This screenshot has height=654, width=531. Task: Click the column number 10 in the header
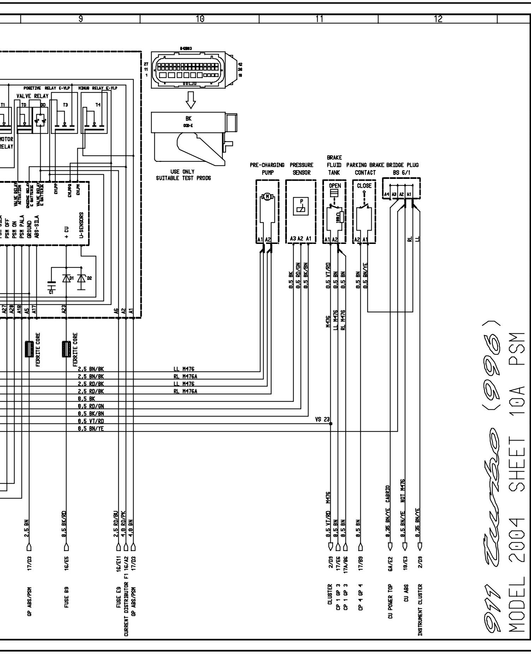(200, 19)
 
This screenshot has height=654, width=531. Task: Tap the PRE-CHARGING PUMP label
(267, 169)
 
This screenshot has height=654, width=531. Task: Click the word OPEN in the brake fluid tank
(335, 186)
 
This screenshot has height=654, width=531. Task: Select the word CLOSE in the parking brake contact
(364, 186)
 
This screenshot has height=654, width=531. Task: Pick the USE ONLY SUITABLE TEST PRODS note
(183, 175)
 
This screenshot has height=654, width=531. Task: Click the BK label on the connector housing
(188, 119)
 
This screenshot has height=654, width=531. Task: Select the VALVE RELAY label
(32, 96)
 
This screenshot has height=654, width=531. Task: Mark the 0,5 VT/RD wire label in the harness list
(91, 421)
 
